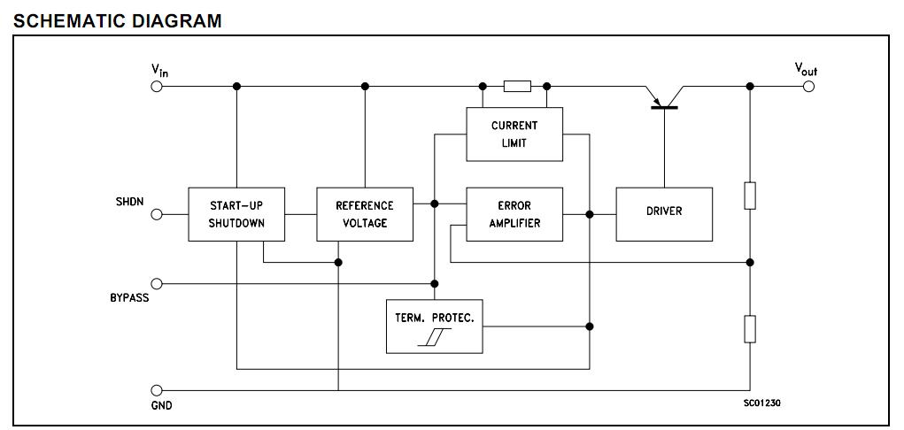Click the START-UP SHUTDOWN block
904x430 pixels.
236,214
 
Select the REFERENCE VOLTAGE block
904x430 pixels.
365,214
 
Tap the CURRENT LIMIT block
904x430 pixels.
514,134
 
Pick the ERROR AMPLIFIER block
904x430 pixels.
514,214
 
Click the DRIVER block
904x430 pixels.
664,213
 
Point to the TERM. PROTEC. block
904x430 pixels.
435,326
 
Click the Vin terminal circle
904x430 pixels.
158,87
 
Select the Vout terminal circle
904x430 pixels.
807,87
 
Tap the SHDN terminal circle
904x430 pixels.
158,214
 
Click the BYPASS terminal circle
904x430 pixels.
158,284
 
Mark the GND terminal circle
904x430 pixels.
158,390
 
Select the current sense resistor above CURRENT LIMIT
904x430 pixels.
517,87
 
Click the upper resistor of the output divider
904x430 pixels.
750,196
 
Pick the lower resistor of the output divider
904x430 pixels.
750,328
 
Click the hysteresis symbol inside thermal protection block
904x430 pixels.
435,337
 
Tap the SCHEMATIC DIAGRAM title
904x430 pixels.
118,20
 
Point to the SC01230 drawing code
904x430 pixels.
761,403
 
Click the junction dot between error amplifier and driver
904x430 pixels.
590,214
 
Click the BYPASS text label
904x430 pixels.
129,299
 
